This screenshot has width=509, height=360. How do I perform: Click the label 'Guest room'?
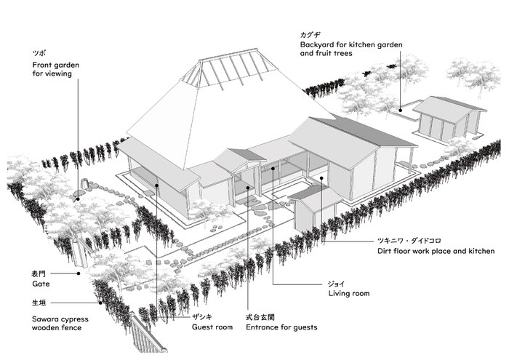[x=212, y=327]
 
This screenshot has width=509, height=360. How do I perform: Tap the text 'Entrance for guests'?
[x=281, y=327]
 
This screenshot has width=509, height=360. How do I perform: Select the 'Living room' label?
[x=349, y=293]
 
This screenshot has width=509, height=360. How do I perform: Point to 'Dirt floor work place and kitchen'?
[x=436, y=251]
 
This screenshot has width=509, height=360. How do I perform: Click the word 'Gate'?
[x=41, y=284]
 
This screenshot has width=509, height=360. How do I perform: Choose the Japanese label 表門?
[x=39, y=274]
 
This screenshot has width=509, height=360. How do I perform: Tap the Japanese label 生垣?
[x=39, y=303]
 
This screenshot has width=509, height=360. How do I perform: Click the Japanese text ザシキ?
[x=201, y=317]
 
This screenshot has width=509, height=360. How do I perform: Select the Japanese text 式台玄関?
[x=260, y=317]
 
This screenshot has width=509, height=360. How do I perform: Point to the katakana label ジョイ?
[x=336, y=284]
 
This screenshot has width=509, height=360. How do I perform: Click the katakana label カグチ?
[x=310, y=35]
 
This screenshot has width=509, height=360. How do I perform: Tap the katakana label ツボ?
[x=39, y=54]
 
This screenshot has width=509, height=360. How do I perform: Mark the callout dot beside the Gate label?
[x=79, y=273]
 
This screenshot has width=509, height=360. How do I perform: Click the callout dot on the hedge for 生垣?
[x=100, y=303]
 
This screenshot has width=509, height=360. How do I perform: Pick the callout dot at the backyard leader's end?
[x=401, y=111]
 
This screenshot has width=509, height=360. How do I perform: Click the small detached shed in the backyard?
[x=449, y=118]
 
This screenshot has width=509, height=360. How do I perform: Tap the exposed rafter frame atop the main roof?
[x=229, y=69]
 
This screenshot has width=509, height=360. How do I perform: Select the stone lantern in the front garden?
[x=85, y=183]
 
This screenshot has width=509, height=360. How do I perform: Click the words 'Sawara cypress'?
[x=60, y=319]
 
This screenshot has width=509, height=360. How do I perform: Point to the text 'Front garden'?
[x=55, y=65]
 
